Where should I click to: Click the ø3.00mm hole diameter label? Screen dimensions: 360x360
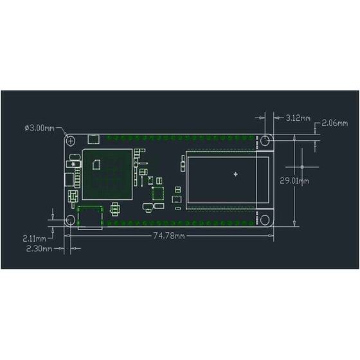point(39,128)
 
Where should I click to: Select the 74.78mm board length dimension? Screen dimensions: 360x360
point(169,237)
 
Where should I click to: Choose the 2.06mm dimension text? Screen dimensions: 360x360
point(334,122)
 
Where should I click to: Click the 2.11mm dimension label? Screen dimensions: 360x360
point(33,237)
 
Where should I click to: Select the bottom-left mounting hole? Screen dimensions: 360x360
point(71,221)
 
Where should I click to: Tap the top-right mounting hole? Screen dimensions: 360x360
point(265,139)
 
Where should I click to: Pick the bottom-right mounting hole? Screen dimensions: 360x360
point(265,221)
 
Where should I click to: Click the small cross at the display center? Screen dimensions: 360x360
point(235,174)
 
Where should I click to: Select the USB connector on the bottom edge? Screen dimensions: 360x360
point(90,219)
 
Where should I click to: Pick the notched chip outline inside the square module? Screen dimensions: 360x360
point(97,164)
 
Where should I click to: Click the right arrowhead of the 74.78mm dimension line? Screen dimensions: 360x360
point(273,237)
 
